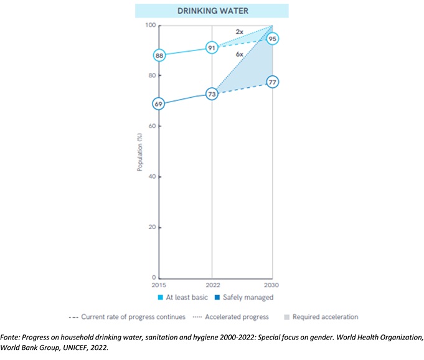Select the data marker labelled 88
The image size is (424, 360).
coord(159,55)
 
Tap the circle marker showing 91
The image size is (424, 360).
coord(212,47)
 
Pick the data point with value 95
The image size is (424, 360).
coord(272,39)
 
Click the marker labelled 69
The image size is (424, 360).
coord(159,104)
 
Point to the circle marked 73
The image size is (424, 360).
coord(212,94)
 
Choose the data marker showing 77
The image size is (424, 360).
coord(272,82)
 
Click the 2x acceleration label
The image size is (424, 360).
coord(239,31)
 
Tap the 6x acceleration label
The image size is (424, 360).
coord(239,55)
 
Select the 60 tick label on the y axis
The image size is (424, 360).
coord(151,126)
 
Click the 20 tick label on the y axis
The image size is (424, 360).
coord(151,227)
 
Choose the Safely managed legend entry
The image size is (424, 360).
coord(249,297)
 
